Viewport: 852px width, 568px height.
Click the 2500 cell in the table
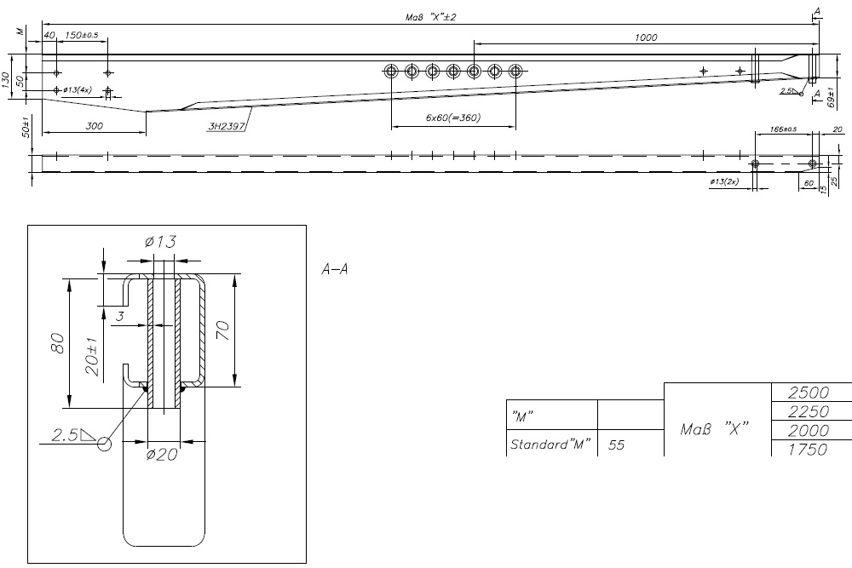(809, 393)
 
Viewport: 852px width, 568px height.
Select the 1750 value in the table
(809, 449)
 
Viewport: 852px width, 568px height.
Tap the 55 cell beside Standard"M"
(615, 444)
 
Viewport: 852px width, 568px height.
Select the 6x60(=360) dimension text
(452, 118)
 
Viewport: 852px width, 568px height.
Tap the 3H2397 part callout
(224, 126)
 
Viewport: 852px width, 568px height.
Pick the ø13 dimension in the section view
(160, 244)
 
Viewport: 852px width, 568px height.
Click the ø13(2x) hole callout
(724, 181)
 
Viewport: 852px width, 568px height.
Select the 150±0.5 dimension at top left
(82, 35)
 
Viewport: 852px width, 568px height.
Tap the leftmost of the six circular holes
(391, 71)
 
